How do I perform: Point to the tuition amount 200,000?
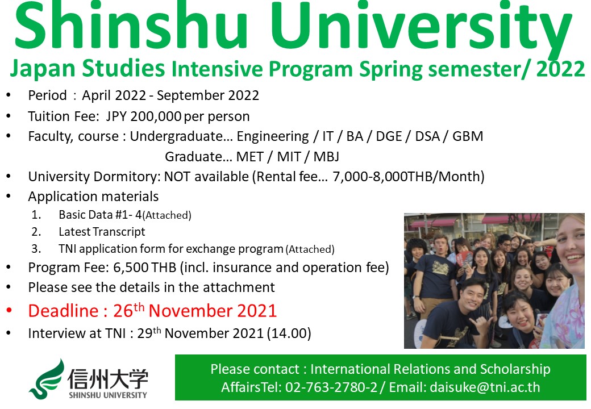click(x=155, y=117)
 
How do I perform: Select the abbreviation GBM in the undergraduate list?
click(x=468, y=136)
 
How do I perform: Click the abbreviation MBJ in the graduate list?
click(x=326, y=157)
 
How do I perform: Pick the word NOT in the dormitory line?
click(x=177, y=177)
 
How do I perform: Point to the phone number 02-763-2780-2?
click(x=331, y=387)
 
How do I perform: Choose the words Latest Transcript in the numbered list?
click(x=102, y=232)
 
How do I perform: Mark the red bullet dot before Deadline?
click(x=9, y=311)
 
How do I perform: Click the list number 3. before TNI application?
click(x=36, y=249)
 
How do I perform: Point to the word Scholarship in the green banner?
click(x=515, y=369)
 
